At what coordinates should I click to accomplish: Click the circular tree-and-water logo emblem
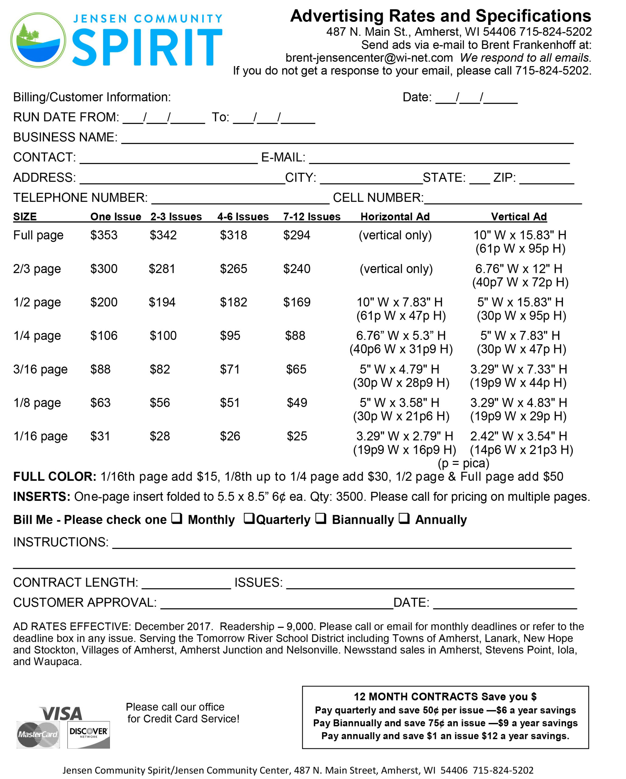point(38,40)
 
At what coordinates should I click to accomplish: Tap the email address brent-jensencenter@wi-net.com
point(369,58)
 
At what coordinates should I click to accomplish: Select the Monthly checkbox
point(176,519)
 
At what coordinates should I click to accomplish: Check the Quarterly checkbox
point(249,519)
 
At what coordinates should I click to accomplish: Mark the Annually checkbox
point(404,519)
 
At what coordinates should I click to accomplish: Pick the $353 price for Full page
point(104,235)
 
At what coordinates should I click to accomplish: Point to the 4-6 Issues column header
point(243,216)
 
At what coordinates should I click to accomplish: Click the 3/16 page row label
point(40,369)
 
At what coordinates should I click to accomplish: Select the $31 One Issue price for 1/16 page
point(100,436)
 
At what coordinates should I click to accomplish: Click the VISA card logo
point(62,714)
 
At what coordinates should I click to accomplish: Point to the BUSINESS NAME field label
point(65,137)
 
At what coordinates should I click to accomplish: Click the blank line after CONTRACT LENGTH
point(186,582)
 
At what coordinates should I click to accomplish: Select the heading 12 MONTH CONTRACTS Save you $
point(445,697)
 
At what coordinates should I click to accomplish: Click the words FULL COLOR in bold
point(55,477)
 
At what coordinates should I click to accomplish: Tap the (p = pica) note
point(463,463)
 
